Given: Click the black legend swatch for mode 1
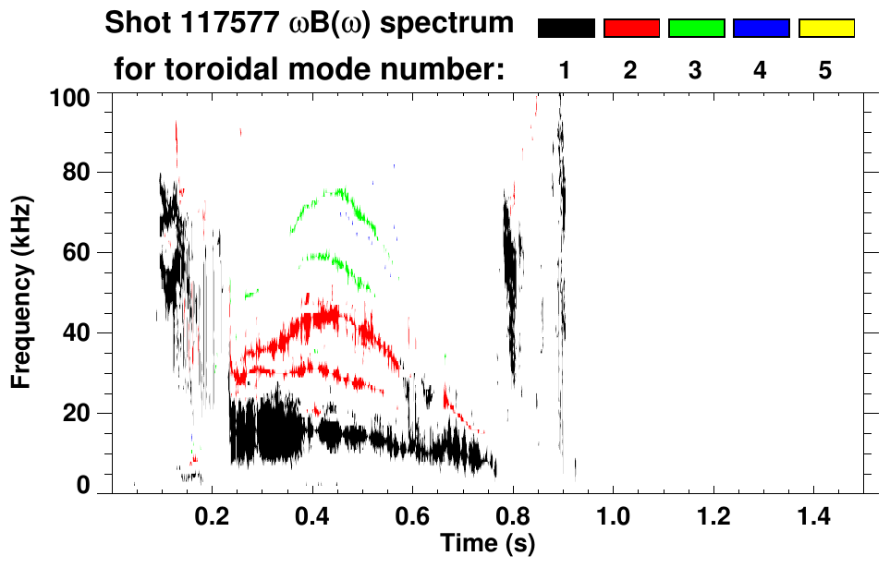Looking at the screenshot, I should coord(566,29).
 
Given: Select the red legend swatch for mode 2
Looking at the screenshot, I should coord(631,29).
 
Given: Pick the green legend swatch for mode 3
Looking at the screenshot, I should coord(696,29).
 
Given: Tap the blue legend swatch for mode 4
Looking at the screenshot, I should coord(761,29).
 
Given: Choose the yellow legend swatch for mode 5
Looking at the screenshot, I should coord(825,29).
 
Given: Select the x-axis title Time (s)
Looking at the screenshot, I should coord(486,543).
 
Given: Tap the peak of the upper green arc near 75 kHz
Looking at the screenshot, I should coord(338,191).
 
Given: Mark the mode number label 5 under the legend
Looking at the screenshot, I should coord(825,71).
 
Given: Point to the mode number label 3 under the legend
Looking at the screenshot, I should coord(695,71).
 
